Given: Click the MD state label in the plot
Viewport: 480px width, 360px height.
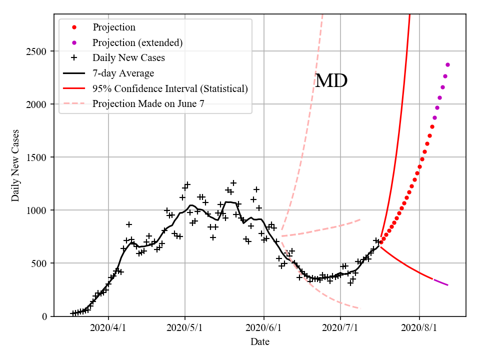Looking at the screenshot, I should [331, 81].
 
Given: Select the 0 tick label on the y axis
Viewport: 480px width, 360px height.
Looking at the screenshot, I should [44, 316].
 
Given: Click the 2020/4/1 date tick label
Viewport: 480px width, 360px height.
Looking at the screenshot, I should [108, 328].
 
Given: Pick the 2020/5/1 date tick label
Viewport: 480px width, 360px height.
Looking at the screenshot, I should [185, 328].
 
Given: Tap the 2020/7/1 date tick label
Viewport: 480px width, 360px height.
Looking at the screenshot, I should [340, 328].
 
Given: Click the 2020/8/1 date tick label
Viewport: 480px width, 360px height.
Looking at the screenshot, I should [419, 328].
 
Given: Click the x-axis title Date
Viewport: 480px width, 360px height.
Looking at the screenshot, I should [260, 342].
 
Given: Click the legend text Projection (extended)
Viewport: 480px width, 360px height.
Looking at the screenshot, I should [137, 42].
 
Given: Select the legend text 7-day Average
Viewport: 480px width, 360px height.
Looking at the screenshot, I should [123, 73].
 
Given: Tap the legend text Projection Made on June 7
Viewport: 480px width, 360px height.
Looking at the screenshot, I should [148, 104].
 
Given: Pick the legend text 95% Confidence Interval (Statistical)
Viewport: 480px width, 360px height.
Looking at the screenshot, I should [170, 89].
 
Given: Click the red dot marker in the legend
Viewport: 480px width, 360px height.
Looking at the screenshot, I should [74, 27].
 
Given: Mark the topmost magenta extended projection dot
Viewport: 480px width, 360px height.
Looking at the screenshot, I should [447, 64].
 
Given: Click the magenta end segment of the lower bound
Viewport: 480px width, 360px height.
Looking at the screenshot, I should [440, 282].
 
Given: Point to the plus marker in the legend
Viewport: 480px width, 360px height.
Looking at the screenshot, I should [74, 58].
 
